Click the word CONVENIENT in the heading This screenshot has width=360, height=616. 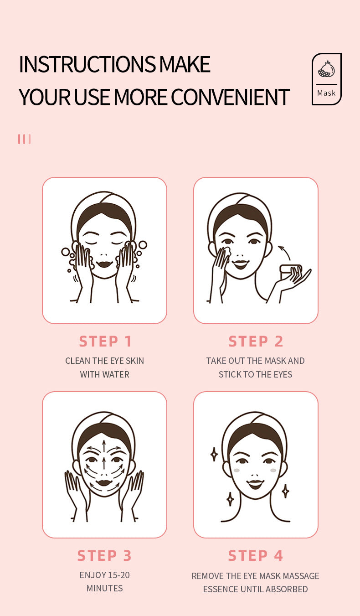[230, 97]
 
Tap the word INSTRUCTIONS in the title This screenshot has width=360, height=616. [87, 64]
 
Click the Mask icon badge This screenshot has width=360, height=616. [326, 79]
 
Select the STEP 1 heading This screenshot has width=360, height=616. [105, 341]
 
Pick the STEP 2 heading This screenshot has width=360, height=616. [256, 341]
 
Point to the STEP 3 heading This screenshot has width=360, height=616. [104, 555]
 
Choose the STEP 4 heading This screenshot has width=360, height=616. [256, 555]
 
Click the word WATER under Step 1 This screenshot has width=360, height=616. [116, 374]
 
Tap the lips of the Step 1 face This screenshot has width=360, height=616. [104, 264]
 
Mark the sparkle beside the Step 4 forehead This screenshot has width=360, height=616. [214, 454]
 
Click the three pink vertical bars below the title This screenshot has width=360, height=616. [24, 139]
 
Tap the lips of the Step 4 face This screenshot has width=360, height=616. [255, 482]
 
